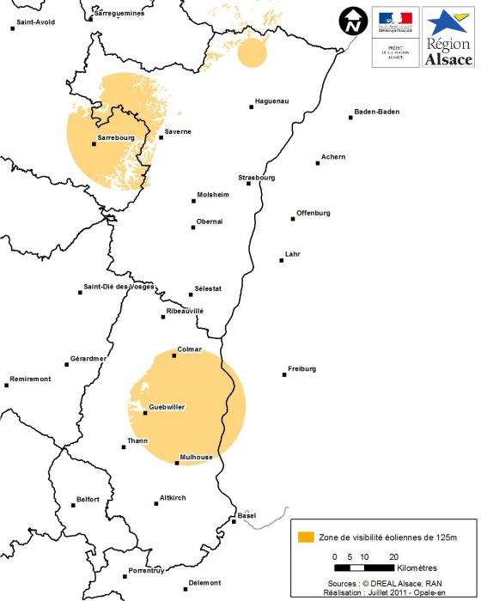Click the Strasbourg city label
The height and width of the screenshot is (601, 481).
257,178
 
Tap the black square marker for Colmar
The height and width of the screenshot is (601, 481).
175,356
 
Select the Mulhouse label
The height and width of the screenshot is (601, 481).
196,458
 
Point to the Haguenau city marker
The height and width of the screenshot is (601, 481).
252,107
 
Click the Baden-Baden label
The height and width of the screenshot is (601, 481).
376,112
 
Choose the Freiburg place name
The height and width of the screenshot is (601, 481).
301,369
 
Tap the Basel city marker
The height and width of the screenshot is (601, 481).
234,520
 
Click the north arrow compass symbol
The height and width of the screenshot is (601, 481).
351,22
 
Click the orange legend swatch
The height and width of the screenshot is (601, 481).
305,537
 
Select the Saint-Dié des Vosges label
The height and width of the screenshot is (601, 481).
119,287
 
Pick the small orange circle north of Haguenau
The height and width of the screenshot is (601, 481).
252,52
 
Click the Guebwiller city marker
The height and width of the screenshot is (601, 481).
145,414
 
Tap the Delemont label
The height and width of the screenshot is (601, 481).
204,583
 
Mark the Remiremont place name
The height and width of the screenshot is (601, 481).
31,379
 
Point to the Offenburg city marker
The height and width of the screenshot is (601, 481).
293,219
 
